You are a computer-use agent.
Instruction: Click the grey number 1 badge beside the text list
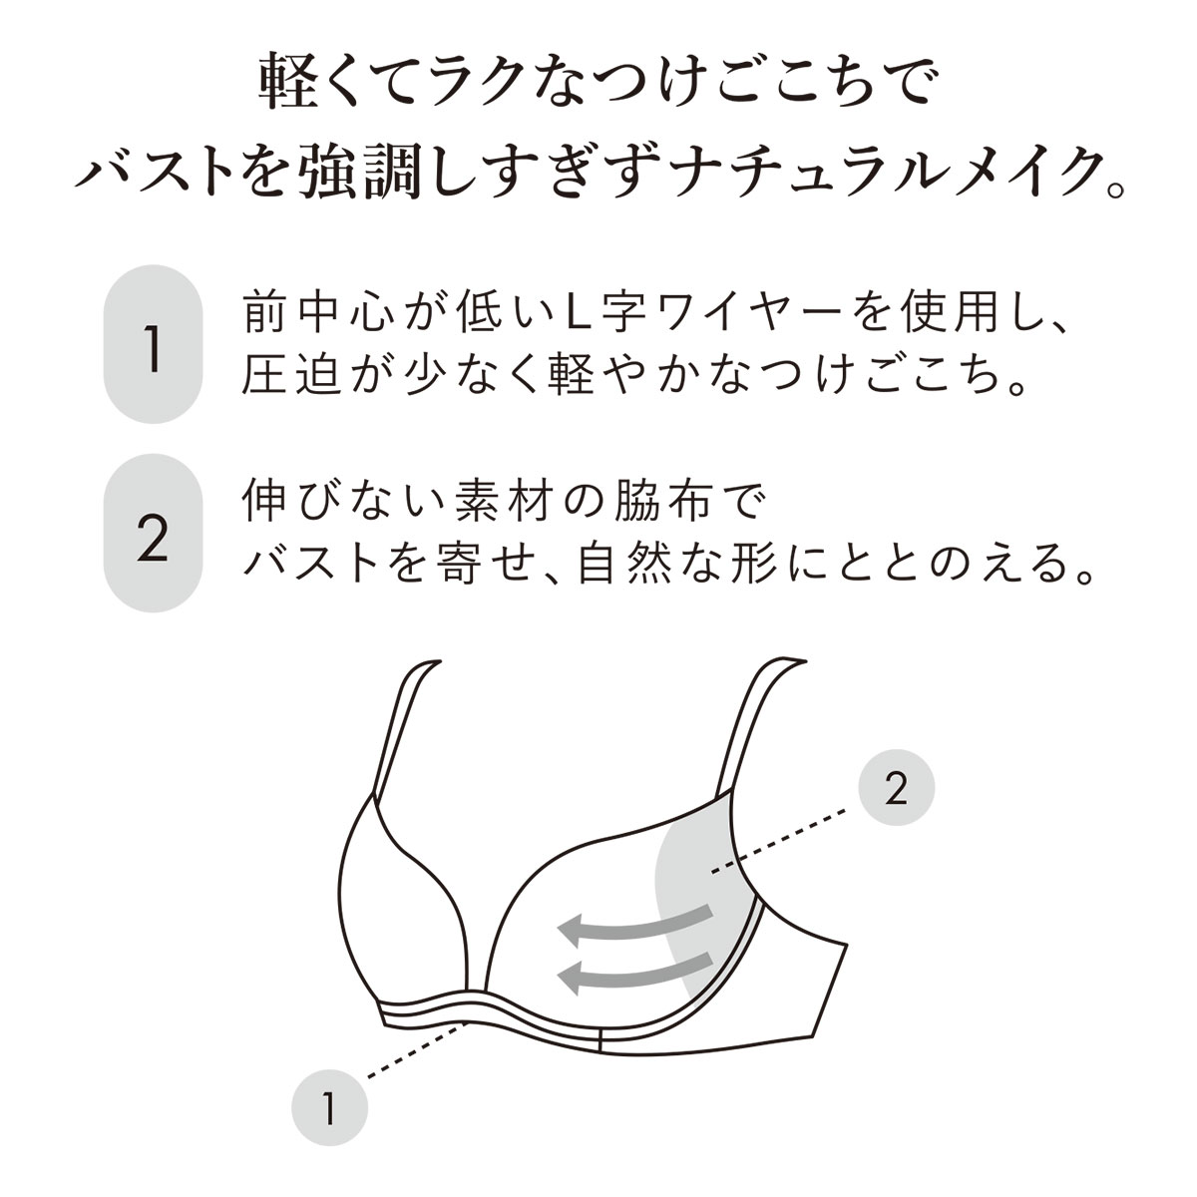click(x=153, y=344)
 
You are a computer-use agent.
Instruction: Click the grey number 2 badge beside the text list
click(x=153, y=533)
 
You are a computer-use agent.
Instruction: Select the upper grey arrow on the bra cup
click(x=633, y=927)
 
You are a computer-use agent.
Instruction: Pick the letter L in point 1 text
click(x=581, y=315)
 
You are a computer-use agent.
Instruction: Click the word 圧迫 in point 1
click(x=292, y=375)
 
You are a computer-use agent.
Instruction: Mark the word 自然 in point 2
click(x=624, y=563)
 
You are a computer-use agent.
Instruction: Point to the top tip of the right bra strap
click(x=805, y=661)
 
